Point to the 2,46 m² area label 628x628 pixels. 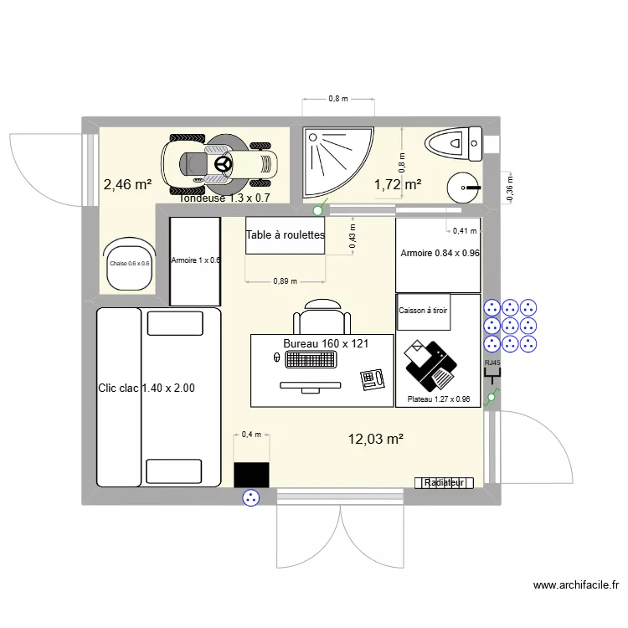tap(127, 184)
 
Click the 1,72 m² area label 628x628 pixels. tap(397, 184)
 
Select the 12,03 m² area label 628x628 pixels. tap(376, 438)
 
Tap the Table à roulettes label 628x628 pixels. tap(285, 235)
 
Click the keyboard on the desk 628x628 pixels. tap(311, 359)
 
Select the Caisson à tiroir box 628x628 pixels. tap(423, 311)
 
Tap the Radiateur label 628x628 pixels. tap(444, 483)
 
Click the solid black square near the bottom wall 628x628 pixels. tap(251, 474)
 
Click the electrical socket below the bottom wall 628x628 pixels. tap(250, 500)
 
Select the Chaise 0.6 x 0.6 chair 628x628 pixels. tap(129, 264)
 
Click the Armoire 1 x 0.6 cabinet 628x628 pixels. tap(195, 261)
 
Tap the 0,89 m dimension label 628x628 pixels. tap(285, 281)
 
